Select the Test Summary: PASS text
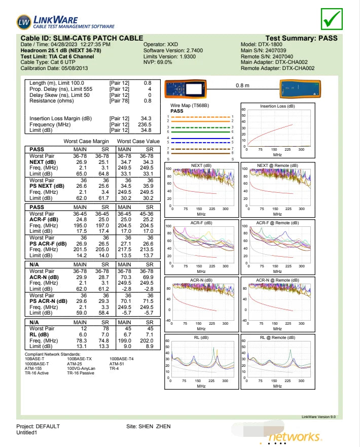(301, 38)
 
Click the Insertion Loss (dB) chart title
(277, 106)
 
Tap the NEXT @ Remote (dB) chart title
(277, 165)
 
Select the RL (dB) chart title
(201, 337)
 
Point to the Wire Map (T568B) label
(189, 105)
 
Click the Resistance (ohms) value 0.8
(147, 100)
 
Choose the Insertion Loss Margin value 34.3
(146, 118)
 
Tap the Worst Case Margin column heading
(86, 141)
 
